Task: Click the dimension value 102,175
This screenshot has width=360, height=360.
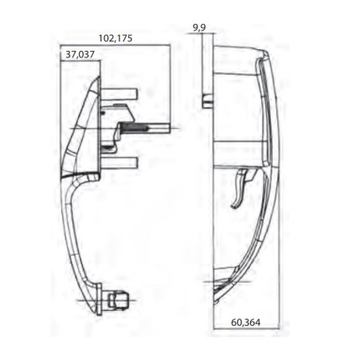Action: point(116,37)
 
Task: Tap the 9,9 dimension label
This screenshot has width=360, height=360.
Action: point(199,28)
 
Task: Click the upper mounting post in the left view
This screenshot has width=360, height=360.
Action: point(127,93)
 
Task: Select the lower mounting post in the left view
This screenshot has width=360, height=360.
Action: point(127,162)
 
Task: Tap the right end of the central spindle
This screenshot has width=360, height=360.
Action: point(168,128)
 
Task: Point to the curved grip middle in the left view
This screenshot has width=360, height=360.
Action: point(76,231)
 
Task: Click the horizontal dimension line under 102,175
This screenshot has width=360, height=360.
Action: point(116,45)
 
